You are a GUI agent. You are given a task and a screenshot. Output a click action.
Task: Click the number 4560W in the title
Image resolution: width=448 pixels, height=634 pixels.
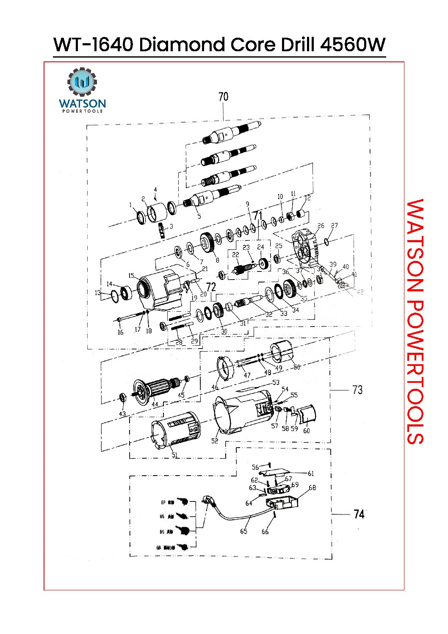[x=353, y=45]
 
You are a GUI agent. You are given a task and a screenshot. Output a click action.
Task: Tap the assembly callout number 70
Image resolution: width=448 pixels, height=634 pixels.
[x=223, y=97]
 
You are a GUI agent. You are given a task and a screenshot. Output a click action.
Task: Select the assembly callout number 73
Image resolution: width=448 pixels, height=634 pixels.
[x=357, y=390]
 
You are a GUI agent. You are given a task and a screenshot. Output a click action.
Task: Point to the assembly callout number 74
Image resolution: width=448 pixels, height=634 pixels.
[x=359, y=514]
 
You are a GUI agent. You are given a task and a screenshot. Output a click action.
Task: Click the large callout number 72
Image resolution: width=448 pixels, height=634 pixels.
[x=211, y=287]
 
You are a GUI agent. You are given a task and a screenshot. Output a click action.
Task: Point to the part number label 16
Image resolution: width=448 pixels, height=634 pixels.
[x=120, y=332]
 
